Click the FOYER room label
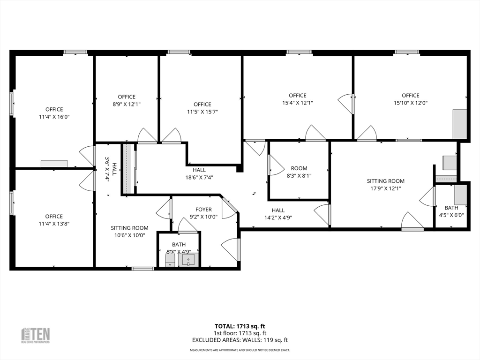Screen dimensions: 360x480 203,210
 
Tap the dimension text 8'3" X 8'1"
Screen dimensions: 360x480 299,176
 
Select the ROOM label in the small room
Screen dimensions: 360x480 299,168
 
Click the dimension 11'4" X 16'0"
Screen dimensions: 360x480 54,117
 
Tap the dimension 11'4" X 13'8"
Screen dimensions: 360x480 54,224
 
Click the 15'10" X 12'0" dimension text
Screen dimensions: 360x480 410,103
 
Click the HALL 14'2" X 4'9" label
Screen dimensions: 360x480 278,214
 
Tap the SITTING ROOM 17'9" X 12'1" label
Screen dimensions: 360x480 385,184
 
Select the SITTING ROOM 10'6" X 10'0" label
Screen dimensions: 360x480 129,232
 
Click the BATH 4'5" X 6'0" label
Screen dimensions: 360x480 451,211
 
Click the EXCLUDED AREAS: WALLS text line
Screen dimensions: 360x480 240,340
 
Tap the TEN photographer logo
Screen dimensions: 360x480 36,335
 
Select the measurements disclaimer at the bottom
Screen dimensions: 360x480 240,350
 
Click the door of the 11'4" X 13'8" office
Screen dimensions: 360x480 86,180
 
